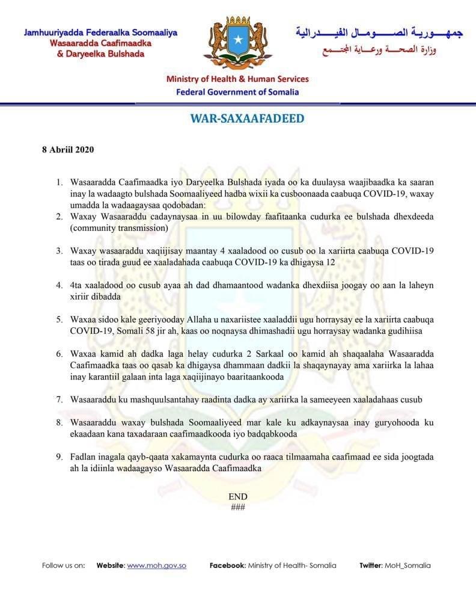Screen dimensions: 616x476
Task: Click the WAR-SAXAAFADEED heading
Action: click(247, 119)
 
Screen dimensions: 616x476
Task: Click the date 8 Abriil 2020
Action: click(67, 149)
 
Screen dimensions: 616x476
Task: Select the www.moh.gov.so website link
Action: click(156, 565)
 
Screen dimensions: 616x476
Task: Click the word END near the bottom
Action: click(238, 496)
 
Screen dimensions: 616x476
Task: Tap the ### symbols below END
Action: click(238, 507)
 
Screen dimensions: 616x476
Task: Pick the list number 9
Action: click(59, 457)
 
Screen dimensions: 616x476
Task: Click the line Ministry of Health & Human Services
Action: click(237, 79)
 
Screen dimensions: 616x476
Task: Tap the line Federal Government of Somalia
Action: click(237, 92)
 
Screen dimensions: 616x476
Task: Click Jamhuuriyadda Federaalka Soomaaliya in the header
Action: click(100, 32)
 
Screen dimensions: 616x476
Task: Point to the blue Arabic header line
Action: click(379, 32)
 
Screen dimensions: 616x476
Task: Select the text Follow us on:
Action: click(64, 565)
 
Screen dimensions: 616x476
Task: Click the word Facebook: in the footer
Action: click(227, 565)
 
